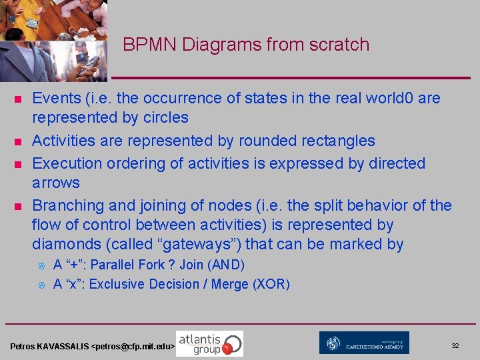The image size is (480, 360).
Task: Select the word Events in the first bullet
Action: coord(57,98)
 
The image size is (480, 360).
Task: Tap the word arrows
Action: coord(56,183)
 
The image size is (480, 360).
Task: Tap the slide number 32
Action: coord(455,346)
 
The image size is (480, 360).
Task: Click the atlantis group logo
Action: coord(209,343)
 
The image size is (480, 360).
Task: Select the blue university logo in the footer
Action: coord(364,343)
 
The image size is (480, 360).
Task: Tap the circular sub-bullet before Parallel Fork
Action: coord(41,265)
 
